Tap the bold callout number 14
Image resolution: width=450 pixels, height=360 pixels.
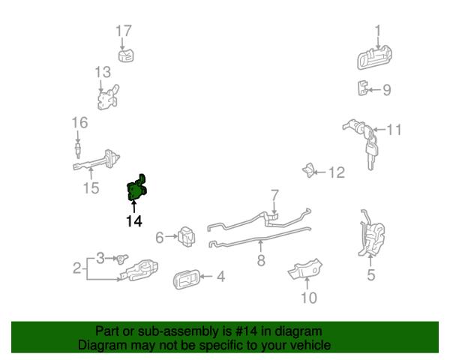click(x=134, y=221)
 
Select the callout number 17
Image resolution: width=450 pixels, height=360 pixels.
click(x=124, y=31)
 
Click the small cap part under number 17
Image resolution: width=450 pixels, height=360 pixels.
click(x=126, y=55)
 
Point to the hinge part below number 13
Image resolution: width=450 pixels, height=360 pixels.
click(x=108, y=97)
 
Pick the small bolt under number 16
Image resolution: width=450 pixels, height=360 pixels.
click(x=77, y=150)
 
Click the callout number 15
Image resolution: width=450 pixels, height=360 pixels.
click(x=91, y=188)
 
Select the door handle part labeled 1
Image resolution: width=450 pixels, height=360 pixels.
click(x=374, y=58)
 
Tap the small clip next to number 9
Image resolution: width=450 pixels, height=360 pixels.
click(x=363, y=88)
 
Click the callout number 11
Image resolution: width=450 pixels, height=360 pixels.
click(x=394, y=130)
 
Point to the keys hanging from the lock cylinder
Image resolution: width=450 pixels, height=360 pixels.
click(x=371, y=149)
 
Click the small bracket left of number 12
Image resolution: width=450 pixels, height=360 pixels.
click(x=308, y=170)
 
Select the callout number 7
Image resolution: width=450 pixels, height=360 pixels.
click(x=274, y=195)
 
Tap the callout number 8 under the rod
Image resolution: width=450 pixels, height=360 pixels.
click(x=261, y=260)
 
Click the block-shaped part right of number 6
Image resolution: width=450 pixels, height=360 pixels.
click(x=186, y=237)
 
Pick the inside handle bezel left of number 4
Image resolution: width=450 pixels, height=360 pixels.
click(x=185, y=280)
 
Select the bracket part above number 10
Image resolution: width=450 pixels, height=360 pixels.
click(x=304, y=269)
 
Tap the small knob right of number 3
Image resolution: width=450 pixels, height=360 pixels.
click(x=122, y=258)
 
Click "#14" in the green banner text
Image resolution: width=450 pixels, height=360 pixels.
click(x=246, y=331)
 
